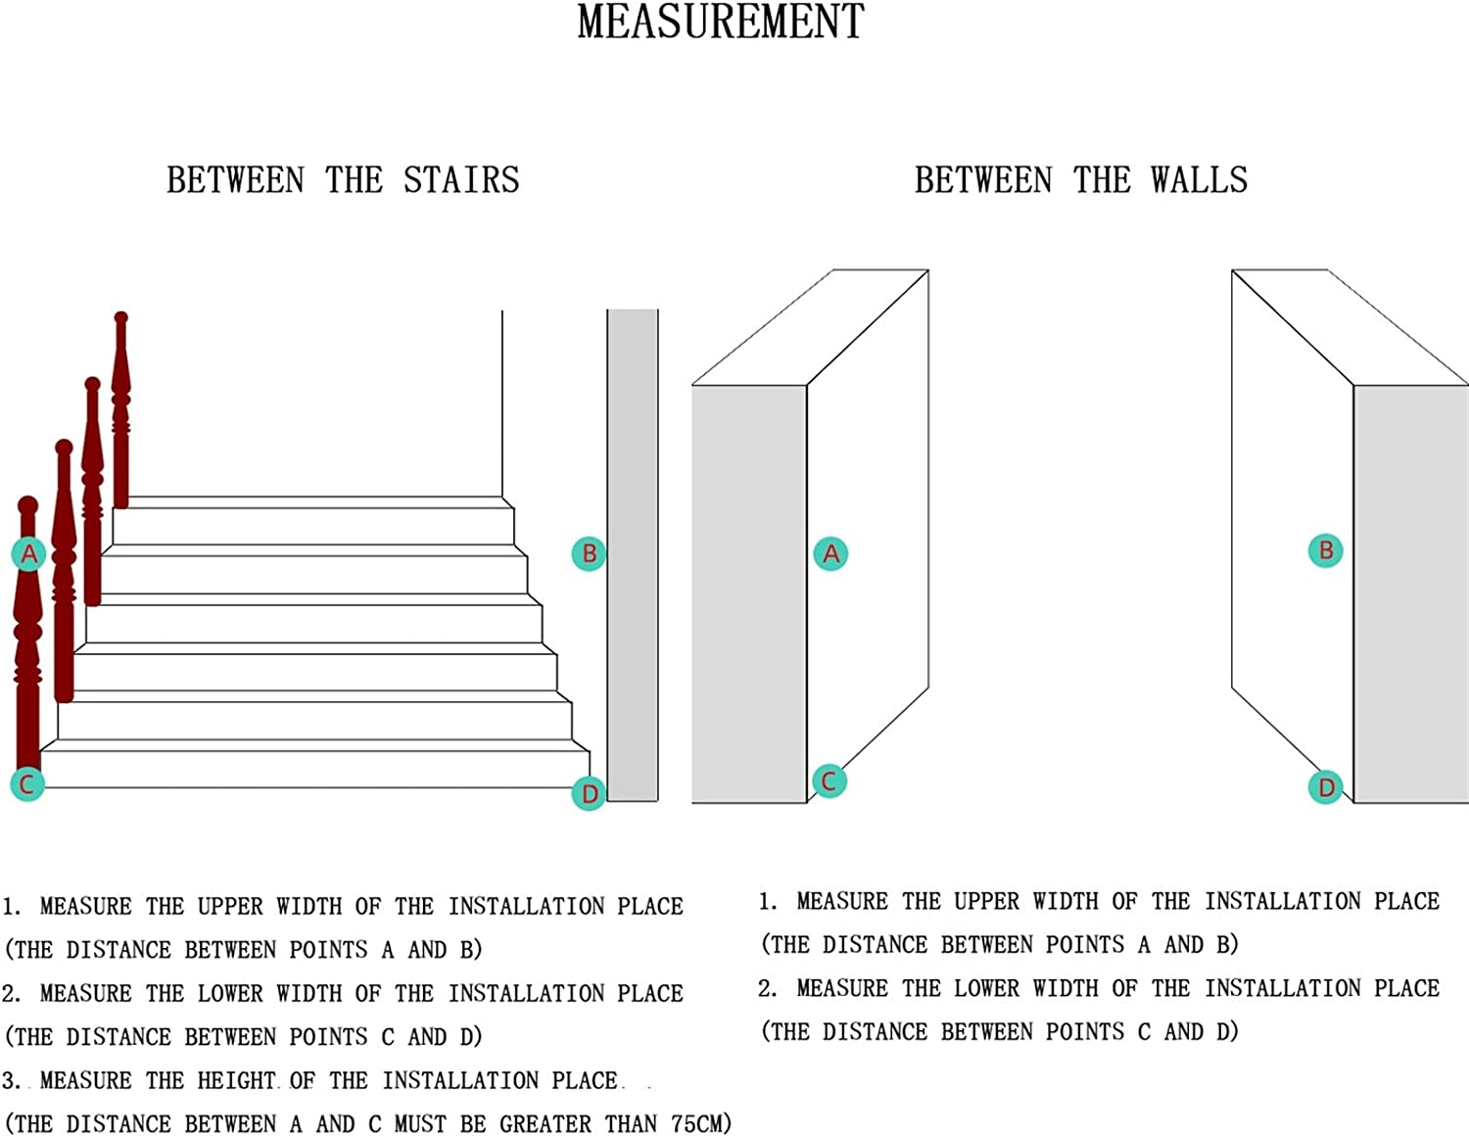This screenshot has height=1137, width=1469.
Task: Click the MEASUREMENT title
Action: pyautogui.click(x=721, y=22)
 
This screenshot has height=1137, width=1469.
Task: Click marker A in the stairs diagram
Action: pyautogui.click(x=29, y=553)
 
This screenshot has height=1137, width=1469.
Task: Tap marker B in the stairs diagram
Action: pyautogui.click(x=589, y=553)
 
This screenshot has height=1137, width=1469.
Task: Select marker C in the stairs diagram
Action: pyautogui.click(x=27, y=784)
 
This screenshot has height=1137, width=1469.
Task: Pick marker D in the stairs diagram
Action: pyautogui.click(x=589, y=793)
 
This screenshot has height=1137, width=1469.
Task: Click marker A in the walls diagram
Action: pyautogui.click(x=830, y=553)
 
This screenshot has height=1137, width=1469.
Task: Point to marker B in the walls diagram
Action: pyautogui.click(x=1326, y=550)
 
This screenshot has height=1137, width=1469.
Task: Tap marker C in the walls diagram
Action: pyautogui.click(x=829, y=782)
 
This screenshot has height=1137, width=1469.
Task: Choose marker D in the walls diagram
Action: pyautogui.click(x=1326, y=786)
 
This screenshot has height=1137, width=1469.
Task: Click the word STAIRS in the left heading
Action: pyautogui.click(x=461, y=180)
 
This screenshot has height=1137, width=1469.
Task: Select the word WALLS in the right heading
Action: pyautogui.click(x=1200, y=180)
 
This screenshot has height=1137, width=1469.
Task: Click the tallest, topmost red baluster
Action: pyautogui.click(x=121, y=410)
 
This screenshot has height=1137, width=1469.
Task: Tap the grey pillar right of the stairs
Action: pyautogui.click(x=632, y=555)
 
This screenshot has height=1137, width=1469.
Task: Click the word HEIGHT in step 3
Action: pyautogui.click(x=237, y=1080)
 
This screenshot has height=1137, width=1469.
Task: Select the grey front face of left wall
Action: pyautogui.click(x=749, y=594)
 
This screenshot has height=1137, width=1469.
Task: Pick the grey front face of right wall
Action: pyautogui.click(x=1411, y=594)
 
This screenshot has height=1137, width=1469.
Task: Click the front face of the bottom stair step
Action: pyautogui.click(x=314, y=770)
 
